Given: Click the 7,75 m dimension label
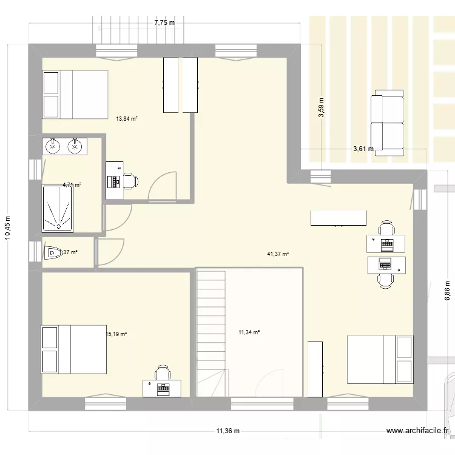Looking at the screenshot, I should click(164, 22).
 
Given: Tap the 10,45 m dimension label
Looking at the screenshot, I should click(8, 229).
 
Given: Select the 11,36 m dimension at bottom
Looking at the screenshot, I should click(227, 431).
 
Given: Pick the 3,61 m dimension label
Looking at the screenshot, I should click(363, 148).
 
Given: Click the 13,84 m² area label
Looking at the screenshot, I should click(127, 119).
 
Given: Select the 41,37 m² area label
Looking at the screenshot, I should click(278, 254).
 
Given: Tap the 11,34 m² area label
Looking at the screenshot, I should click(249, 332).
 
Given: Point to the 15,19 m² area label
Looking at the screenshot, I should click(116, 334).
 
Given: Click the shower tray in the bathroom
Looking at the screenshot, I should click(58, 208).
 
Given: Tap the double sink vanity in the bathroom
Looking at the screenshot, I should click(64, 146).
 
